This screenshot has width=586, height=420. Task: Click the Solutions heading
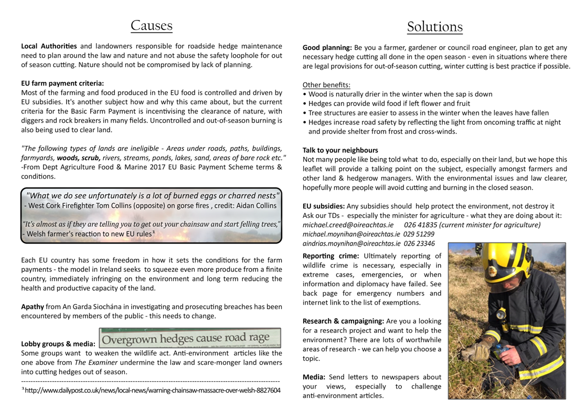click(x=434, y=26)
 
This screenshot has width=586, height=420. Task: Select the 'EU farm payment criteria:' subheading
click(x=62, y=82)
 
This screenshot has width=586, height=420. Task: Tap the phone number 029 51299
click(x=419, y=234)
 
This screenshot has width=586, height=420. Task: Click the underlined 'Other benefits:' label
click(x=326, y=85)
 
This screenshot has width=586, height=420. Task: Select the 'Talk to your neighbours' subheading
click(x=340, y=150)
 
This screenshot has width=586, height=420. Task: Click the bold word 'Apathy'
click(x=33, y=307)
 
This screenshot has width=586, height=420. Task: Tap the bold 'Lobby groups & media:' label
click(x=58, y=344)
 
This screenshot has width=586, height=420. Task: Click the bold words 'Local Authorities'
click(x=49, y=46)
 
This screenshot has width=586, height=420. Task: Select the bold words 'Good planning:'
click(x=327, y=48)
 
